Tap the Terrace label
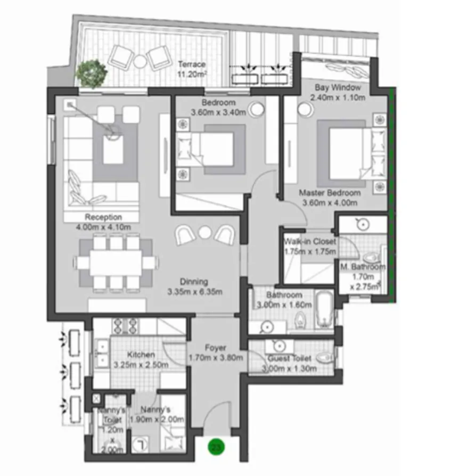[x=192, y=65]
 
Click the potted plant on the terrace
[x=92, y=73]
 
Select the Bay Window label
[x=338, y=87]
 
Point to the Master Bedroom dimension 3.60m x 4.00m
[x=330, y=202]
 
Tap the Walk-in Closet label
[x=310, y=242]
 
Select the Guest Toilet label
[x=290, y=358]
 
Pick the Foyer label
[x=215, y=348]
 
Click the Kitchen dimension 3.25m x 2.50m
[x=141, y=365]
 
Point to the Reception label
[x=103, y=217]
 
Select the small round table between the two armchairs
[x=205, y=232]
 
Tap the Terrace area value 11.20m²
[x=192, y=75]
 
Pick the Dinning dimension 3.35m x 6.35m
[x=194, y=291]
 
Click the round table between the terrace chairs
[x=139, y=61]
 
